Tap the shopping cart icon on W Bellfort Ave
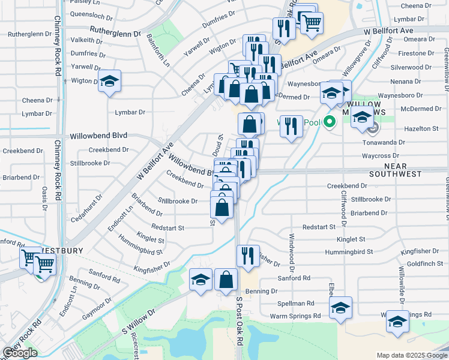coord(311,22)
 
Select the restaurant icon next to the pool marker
coord(291,126)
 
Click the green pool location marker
coord(328,122)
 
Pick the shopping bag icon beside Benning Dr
coord(226,280)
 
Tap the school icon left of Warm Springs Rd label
coord(341,309)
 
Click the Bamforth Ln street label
coord(158,51)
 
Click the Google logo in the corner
coord(20,353)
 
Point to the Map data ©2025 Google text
coord(411,355)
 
